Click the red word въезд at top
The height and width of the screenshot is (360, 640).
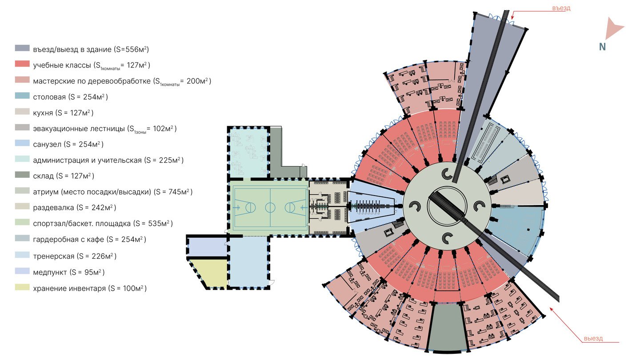pyautogui.click(x=561, y=8)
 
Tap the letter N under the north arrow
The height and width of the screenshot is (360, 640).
pyautogui.click(x=602, y=47)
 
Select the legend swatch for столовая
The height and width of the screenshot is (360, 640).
pyautogui.click(x=22, y=97)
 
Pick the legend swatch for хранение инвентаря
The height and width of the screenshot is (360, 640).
pyautogui.click(x=22, y=288)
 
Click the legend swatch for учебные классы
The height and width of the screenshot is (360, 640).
pyautogui.click(x=22, y=65)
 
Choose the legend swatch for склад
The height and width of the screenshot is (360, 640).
pyautogui.click(x=22, y=176)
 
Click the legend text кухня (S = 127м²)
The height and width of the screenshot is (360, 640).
pyautogui.click(x=63, y=113)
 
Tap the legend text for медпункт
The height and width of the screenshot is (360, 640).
pyautogui.click(x=68, y=272)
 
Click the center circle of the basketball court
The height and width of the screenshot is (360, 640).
pyautogui.click(x=270, y=208)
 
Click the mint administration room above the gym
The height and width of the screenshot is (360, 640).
pyautogui.click(x=249, y=152)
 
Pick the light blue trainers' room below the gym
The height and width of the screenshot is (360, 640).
pyautogui.click(x=248, y=262)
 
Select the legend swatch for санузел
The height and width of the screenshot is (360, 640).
pyautogui.click(x=22, y=144)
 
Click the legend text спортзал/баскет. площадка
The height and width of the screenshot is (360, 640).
pyautogui.click(x=103, y=223)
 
